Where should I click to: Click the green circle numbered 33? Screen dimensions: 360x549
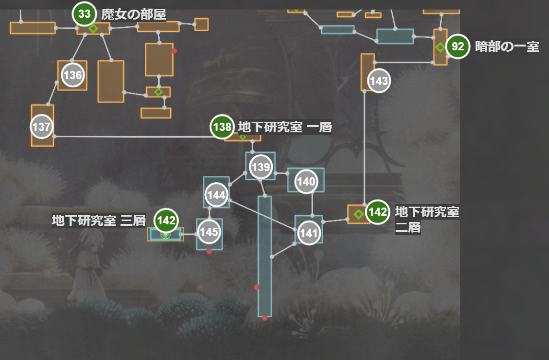84,14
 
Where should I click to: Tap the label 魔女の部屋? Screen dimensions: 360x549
133,14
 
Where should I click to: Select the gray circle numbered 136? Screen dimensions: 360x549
72,75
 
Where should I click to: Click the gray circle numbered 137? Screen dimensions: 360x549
42,127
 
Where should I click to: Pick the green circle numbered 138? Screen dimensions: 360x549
222,127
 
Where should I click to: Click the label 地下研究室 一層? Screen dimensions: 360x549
285,127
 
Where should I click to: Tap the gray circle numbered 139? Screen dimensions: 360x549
261,167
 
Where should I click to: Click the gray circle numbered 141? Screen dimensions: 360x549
308,233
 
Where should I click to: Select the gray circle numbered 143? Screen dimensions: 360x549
379,81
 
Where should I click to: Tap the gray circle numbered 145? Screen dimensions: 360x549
209,232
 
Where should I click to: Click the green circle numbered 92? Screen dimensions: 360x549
458,47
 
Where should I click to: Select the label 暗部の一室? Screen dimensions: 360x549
507,47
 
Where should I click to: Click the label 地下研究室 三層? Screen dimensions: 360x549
98,221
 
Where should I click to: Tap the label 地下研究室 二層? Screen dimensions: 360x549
427,219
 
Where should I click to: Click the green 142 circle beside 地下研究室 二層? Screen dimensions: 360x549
378,212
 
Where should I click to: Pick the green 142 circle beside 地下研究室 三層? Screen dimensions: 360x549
166,221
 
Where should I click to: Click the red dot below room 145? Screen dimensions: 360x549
209,251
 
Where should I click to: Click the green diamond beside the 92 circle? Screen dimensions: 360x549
440,47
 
